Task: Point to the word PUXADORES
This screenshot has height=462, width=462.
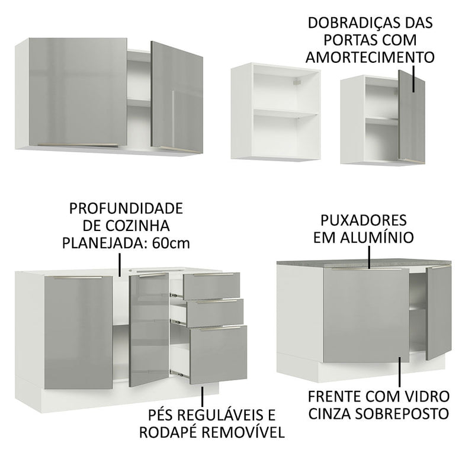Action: (364, 221)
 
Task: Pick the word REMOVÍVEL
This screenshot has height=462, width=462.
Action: (244, 431)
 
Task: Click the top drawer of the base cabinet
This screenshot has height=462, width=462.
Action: (211, 285)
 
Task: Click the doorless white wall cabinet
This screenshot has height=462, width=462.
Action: (275, 113)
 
